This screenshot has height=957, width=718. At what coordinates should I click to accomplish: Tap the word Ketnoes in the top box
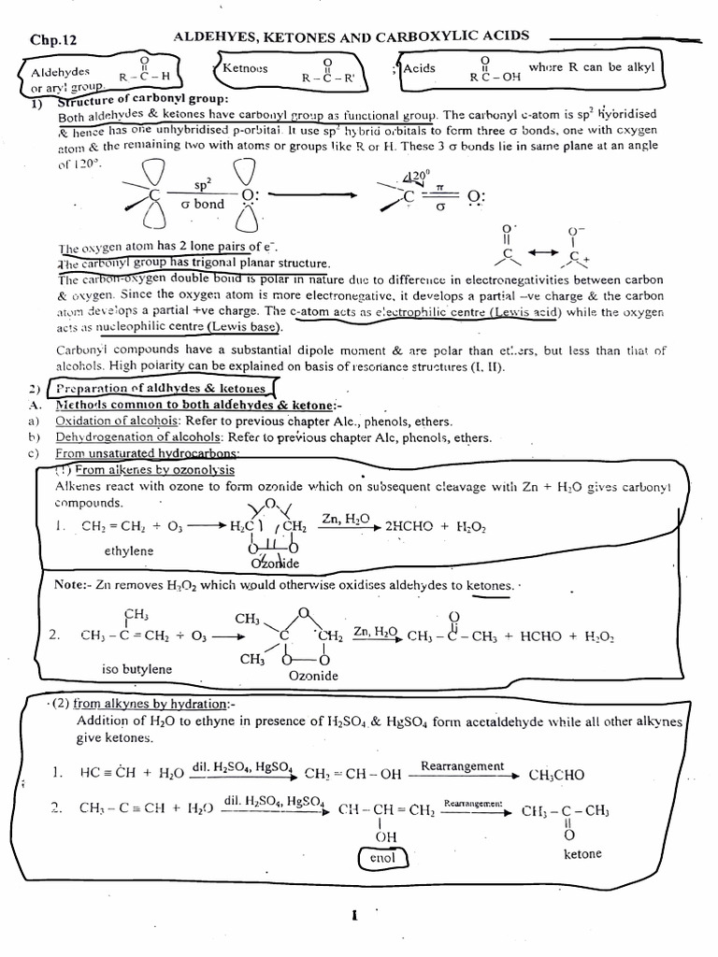click(x=245, y=67)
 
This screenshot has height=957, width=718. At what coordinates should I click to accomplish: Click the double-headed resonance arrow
click(x=548, y=253)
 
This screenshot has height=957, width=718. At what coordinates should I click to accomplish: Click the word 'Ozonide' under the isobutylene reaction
click(x=313, y=675)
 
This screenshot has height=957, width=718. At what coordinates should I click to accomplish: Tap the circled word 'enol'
click(x=382, y=857)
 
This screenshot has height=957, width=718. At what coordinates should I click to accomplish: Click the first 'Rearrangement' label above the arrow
click(x=462, y=766)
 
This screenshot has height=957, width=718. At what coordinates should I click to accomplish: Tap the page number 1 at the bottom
click(x=355, y=916)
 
